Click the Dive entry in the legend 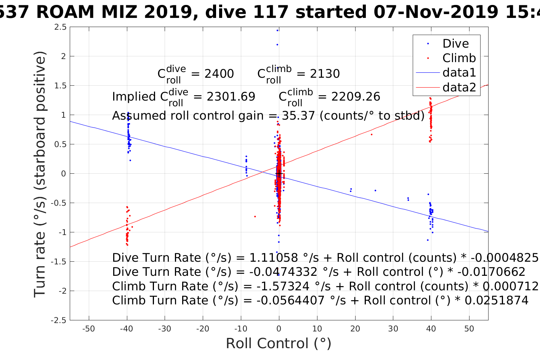tap(455, 43)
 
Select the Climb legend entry tap(459, 58)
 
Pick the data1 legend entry tap(459, 73)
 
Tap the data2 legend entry tap(459, 88)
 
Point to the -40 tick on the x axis tap(127, 329)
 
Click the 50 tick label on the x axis tap(469, 329)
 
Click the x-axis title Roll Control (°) tap(279, 344)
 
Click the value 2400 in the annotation tap(219, 74)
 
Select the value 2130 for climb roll tap(325, 74)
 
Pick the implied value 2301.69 tap(231, 97)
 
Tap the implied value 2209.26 tap(356, 97)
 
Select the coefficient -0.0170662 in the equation tap(491, 272)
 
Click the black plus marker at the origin tap(279, 174)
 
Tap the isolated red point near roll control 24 tap(372, 134)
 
